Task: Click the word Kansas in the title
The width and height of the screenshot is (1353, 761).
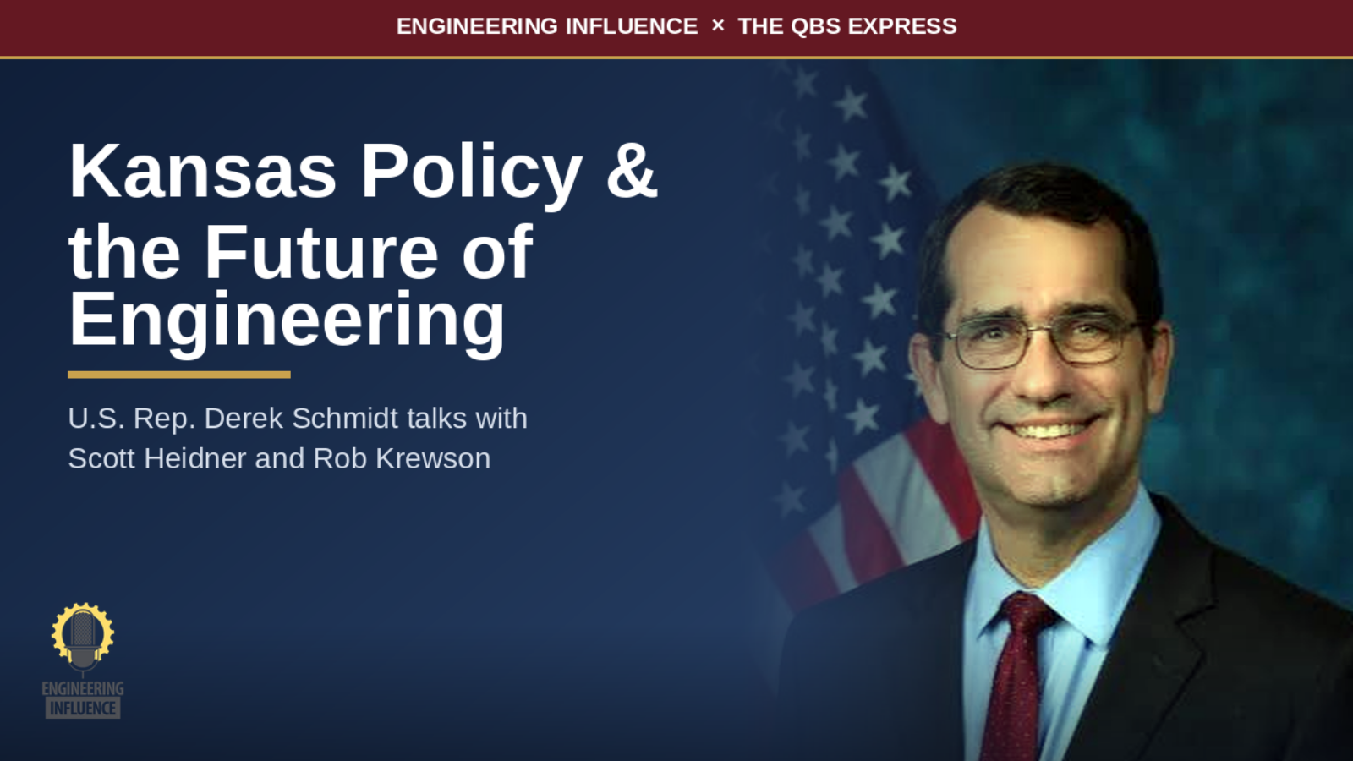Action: [x=202, y=172]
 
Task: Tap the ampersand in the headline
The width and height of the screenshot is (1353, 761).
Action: [x=631, y=172]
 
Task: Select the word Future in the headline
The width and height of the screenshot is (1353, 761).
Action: [x=321, y=252]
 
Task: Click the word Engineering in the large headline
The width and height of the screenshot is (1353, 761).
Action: [x=287, y=320]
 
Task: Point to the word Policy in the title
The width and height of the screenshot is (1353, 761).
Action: [x=471, y=175]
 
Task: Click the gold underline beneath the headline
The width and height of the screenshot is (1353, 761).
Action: [x=178, y=375]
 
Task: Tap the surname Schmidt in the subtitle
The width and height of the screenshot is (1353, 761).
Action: [x=345, y=418]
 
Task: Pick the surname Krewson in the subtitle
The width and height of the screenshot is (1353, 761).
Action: [x=432, y=458]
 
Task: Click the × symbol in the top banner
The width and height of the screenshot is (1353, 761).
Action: [x=718, y=26]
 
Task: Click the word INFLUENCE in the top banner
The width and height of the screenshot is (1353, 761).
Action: [x=631, y=26]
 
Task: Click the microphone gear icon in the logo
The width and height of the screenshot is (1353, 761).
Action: [x=83, y=635]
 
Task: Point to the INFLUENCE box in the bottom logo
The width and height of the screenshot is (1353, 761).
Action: [x=83, y=708]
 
